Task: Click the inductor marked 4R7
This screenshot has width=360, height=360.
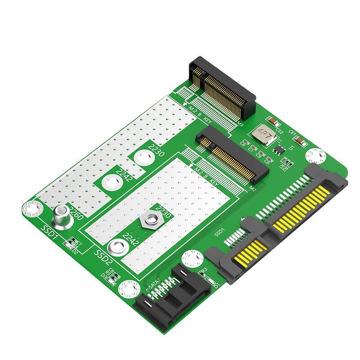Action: (x=262, y=133)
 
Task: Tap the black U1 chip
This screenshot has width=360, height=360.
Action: (x=279, y=149)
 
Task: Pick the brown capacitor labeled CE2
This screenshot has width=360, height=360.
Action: (x=272, y=121)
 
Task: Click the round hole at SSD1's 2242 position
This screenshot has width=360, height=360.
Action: (x=112, y=183)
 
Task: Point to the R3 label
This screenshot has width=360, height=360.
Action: (x=203, y=270)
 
